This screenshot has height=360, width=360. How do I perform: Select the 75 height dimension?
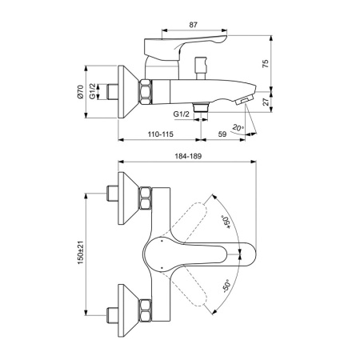pos(265,64)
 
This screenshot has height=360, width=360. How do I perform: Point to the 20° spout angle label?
pos(237,126)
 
